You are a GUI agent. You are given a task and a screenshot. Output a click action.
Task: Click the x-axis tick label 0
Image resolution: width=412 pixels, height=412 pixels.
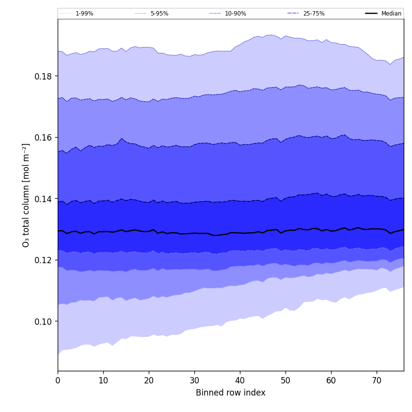click(58, 380)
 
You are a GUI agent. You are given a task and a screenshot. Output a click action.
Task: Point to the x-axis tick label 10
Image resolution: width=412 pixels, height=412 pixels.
click(103, 380)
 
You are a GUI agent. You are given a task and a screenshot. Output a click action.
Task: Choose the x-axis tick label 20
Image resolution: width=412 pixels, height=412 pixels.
click(149, 380)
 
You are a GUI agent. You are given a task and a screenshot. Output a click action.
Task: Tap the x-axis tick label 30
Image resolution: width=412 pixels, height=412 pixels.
click(194, 380)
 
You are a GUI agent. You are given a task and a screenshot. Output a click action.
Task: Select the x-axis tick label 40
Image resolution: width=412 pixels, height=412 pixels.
click(240, 380)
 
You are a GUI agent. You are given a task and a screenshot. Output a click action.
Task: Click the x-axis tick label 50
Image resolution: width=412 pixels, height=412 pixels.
click(285, 380)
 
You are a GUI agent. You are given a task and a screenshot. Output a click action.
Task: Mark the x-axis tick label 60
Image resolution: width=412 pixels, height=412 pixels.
click(331, 380)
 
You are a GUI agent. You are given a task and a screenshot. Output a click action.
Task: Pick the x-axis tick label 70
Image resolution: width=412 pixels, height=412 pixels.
click(377, 380)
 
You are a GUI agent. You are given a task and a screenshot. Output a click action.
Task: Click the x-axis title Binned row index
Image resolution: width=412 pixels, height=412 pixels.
click(231, 393)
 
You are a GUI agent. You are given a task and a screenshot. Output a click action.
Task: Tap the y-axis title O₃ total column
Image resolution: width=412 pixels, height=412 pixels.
click(26, 195)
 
